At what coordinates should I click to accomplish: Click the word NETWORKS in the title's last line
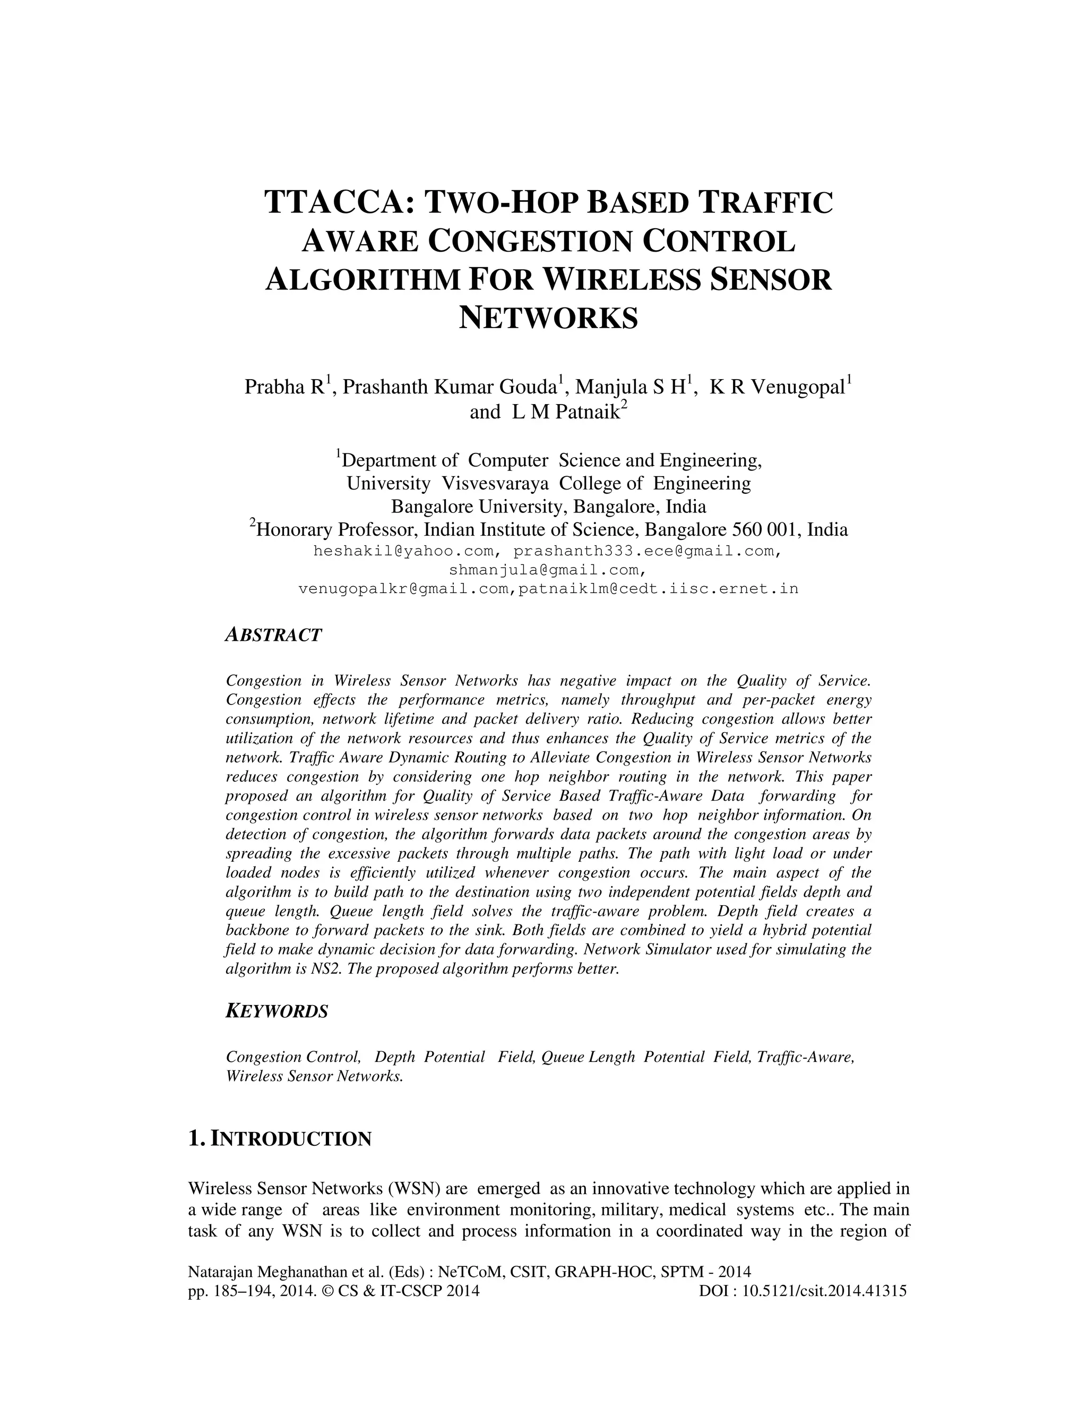pos(548,318)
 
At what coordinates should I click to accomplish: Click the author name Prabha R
pos(284,387)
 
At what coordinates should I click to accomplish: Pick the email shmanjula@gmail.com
pos(546,570)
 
